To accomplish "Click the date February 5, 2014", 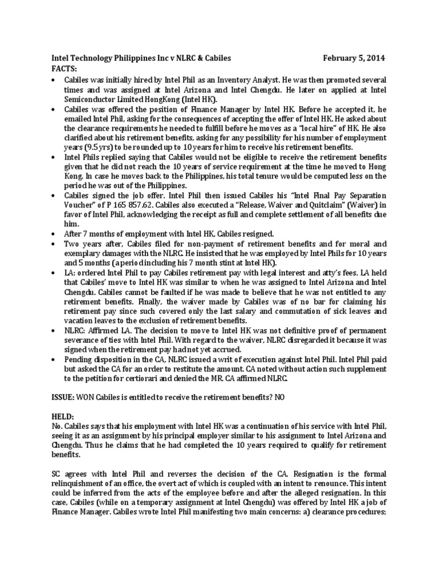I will coord(354,58).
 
